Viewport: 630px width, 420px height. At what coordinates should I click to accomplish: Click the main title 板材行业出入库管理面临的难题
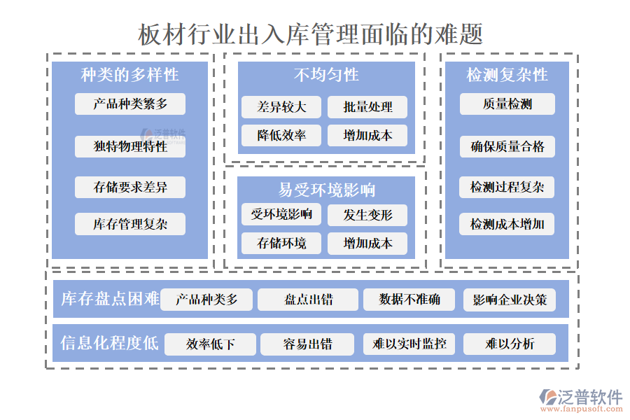(x=310, y=34)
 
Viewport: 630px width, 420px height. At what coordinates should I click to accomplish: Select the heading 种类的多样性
(x=129, y=75)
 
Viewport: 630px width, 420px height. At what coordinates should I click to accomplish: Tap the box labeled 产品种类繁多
(x=130, y=104)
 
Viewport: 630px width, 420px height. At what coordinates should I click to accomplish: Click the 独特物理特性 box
(x=130, y=146)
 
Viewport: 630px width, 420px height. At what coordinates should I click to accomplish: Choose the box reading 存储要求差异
(x=130, y=187)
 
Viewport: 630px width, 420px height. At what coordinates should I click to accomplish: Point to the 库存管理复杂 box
(x=130, y=224)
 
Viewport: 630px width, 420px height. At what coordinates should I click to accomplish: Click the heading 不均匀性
(x=325, y=75)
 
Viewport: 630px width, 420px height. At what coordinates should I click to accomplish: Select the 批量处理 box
(x=367, y=107)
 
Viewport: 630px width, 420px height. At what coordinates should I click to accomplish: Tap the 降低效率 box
(x=281, y=135)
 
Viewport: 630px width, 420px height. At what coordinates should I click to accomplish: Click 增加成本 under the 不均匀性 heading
(x=367, y=135)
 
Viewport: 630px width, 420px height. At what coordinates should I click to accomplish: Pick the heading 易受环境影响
(x=326, y=190)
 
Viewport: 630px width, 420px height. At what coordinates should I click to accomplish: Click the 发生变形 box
(x=367, y=215)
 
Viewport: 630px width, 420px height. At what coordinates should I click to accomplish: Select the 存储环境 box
(x=281, y=243)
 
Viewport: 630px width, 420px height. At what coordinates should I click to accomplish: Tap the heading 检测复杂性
(x=507, y=75)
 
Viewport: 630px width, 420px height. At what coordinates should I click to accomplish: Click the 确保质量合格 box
(x=507, y=146)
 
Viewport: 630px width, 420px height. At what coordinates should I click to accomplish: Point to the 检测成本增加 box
(x=507, y=224)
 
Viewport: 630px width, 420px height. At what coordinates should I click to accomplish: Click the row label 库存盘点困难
(x=110, y=300)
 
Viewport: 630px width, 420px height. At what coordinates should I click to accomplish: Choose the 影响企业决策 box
(x=509, y=300)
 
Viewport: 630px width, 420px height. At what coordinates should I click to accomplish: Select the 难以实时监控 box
(x=409, y=344)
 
